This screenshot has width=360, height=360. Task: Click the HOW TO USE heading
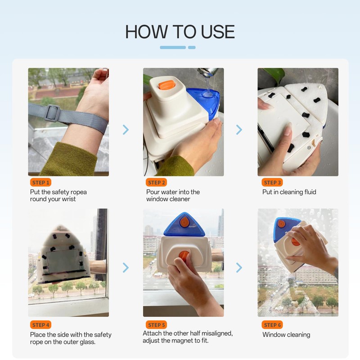(x=180, y=31)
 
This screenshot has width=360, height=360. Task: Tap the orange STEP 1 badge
(x=40, y=183)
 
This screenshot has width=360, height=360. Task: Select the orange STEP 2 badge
(x=156, y=183)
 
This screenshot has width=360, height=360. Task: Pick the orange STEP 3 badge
(x=272, y=183)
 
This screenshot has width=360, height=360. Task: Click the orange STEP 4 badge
(x=40, y=325)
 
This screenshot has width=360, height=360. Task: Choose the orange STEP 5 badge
(x=156, y=325)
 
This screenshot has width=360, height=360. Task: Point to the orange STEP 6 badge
(x=272, y=325)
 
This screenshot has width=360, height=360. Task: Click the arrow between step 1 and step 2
(x=126, y=130)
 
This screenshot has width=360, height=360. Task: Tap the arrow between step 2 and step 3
(x=239, y=130)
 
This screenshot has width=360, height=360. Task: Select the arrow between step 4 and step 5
(x=126, y=268)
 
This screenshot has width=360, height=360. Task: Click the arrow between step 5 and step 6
(x=239, y=268)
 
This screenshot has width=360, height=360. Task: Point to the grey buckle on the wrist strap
(x=53, y=112)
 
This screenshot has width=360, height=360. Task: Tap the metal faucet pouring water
(x=208, y=72)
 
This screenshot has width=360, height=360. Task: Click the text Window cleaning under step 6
(x=286, y=335)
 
